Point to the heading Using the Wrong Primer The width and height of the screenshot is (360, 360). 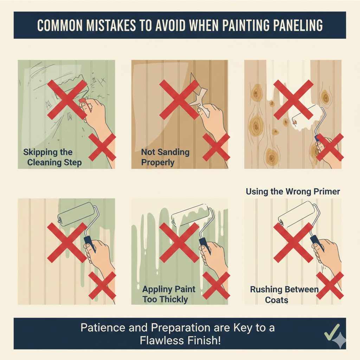click(293, 192)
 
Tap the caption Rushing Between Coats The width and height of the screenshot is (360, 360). click(284, 295)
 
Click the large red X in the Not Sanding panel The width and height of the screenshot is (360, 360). click(179, 99)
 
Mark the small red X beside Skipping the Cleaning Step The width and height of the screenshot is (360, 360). click(102, 147)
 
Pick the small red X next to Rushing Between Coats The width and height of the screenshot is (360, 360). click(330, 285)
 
